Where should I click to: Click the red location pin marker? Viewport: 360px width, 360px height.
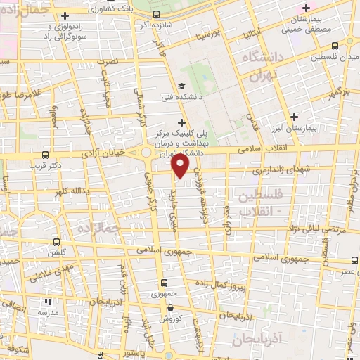181,166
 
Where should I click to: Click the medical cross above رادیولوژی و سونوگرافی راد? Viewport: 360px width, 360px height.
65,15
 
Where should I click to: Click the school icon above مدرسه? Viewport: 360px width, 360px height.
42,300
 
